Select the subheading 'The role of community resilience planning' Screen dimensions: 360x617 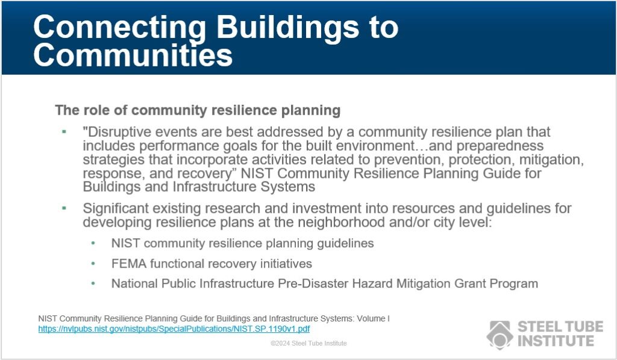pyautogui.click(x=198, y=110)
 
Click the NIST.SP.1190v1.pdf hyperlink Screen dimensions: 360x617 pyautogui.click(x=174, y=329)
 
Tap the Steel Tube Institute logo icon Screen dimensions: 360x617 pyautogui.click(x=500, y=334)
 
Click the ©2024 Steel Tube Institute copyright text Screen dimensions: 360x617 pyautogui.click(x=308, y=343)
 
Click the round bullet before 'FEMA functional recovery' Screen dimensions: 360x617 pyautogui.click(x=93, y=264)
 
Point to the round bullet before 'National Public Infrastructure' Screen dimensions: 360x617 pyautogui.click(x=93, y=283)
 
